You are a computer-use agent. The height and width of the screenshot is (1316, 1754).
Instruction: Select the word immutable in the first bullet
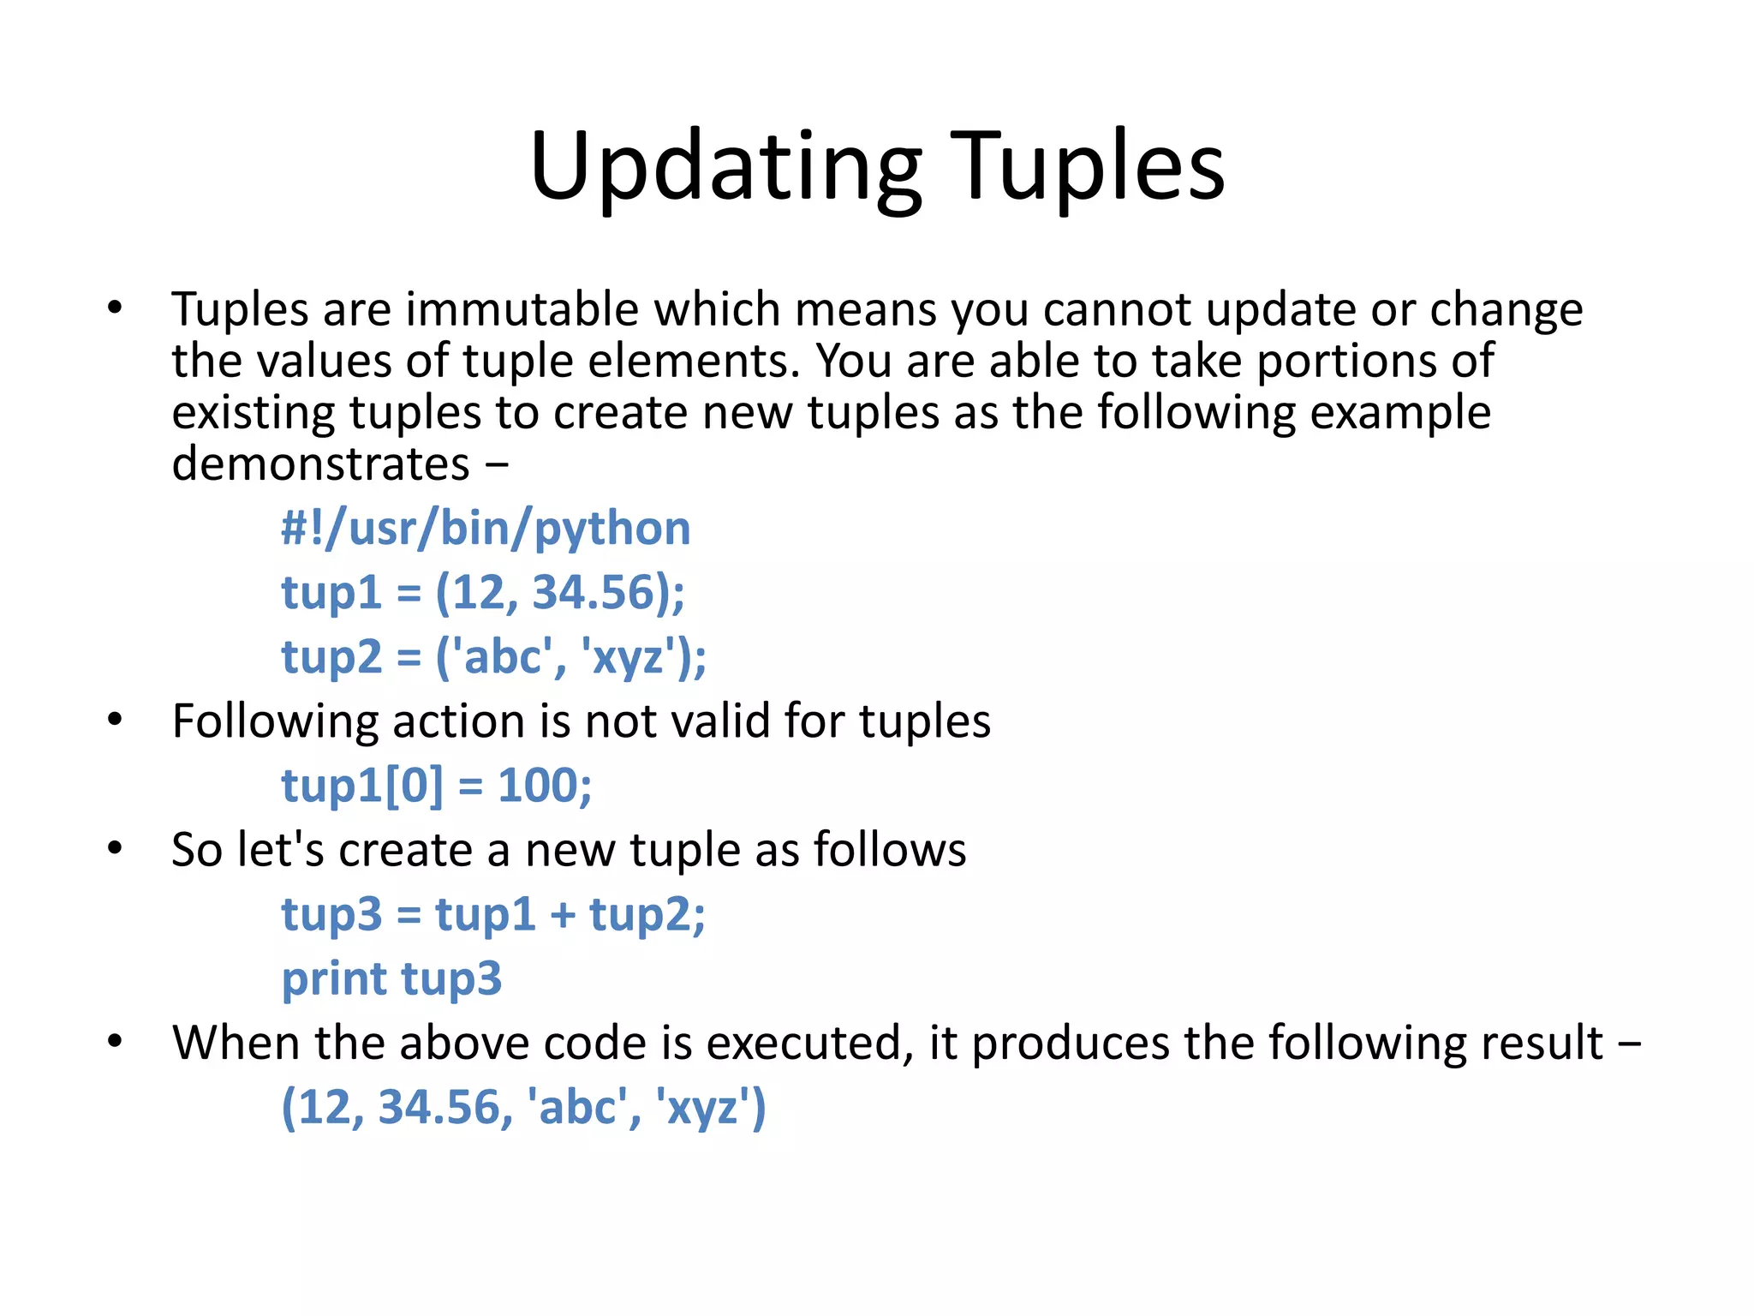(522, 309)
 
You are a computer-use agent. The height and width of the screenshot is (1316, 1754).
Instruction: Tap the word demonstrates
(320, 464)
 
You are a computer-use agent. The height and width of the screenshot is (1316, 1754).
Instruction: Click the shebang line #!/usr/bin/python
(486, 528)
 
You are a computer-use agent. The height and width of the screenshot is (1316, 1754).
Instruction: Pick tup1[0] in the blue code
(363, 786)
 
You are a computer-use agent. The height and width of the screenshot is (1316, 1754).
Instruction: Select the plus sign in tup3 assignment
(563, 914)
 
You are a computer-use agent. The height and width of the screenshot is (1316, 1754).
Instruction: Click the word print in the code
(335, 979)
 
